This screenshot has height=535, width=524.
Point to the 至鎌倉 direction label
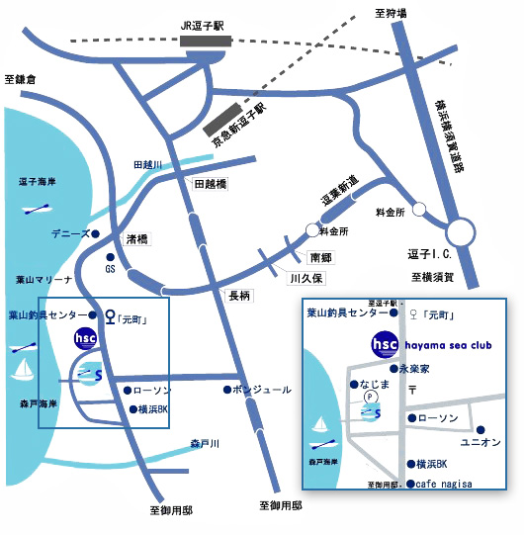(x=20, y=79)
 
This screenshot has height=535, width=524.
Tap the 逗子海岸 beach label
(x=36, y=182)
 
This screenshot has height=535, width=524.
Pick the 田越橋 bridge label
(x=211, y=185)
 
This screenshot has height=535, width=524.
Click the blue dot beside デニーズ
(x=95, y=234)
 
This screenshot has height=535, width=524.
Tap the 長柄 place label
(x=240, y=295)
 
